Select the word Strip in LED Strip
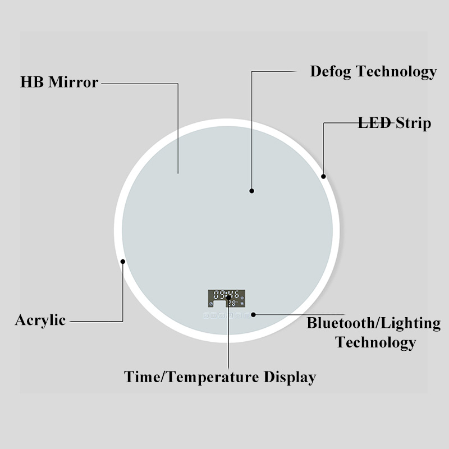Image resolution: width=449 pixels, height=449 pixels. (x=413, y=123)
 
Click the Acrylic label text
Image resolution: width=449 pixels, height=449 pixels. (x=40, y=320)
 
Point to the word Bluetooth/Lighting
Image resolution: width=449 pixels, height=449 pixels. (x=373, y=323)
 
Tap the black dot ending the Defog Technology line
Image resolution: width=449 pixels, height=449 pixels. (x=252, y=191)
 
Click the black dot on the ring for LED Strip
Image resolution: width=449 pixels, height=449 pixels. (x=324, y=176)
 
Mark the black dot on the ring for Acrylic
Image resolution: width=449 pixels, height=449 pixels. (x=122, y=260)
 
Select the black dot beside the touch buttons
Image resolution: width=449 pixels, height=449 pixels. (x=253, y=315)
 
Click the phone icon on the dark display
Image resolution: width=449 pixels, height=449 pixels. (x=212, y=304)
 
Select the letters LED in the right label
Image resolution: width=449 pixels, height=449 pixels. (x=374, y=123)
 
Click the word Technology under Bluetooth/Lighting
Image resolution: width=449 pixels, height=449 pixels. (x=375, y=342)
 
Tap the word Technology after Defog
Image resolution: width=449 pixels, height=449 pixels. (x=396, y=72)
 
